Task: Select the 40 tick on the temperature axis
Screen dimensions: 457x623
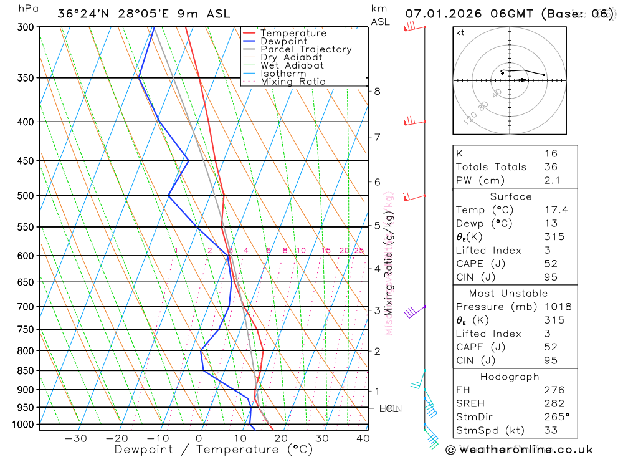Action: pos(363,438)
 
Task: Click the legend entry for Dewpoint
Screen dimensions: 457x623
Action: pos(283,41)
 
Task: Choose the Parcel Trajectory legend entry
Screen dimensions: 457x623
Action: pos(305,49)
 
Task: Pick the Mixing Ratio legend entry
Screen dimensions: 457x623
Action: pos(292,82)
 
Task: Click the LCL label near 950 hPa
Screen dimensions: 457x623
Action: pos(389,409)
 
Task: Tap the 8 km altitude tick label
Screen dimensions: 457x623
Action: pos(377,91)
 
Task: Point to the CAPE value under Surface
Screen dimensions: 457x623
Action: pos(550,264)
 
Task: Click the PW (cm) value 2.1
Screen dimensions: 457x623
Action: pos(552,181)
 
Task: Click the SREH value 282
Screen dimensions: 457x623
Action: pos(554,403)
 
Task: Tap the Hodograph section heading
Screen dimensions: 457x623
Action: pos(510,377)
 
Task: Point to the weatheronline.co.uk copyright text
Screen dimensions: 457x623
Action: pos(520,450)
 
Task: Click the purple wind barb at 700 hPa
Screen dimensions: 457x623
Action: pos(412,310)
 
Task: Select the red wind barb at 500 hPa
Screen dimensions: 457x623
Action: pos(412,198)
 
